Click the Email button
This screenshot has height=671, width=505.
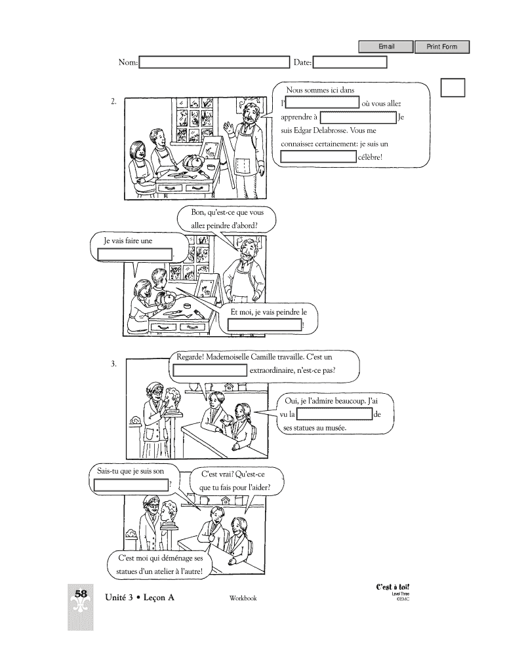pyautogui.click(x=386, y=47)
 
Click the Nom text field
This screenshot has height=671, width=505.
pyautogui.click(x=214, y=62)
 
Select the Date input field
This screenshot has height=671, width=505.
pyautogui.click(x=350, y=62)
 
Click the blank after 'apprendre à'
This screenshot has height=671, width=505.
pyautogui.click(x=357, y=117)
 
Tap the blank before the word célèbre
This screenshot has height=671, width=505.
pyautogui.click(x=319, y=157)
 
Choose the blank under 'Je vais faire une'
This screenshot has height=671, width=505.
pyautogui.click(x=135, y=254)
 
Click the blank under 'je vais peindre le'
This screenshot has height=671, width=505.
pyautogui.click(x=265, y=325)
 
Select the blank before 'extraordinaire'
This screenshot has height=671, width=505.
pyautogui.click(x=210, y=371)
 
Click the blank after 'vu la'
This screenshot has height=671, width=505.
pyautogui.click(x=335, y=414)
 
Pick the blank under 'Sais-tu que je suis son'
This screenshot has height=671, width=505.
pyautogui.click(x=131, y=485)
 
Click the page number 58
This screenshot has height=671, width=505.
pyautogui.click(x=81, y=594)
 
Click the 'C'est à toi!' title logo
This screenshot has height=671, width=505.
pyautogui.click(x=393, y=587)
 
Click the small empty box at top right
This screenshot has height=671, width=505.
pyautogui.click(x=453, y=87)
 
